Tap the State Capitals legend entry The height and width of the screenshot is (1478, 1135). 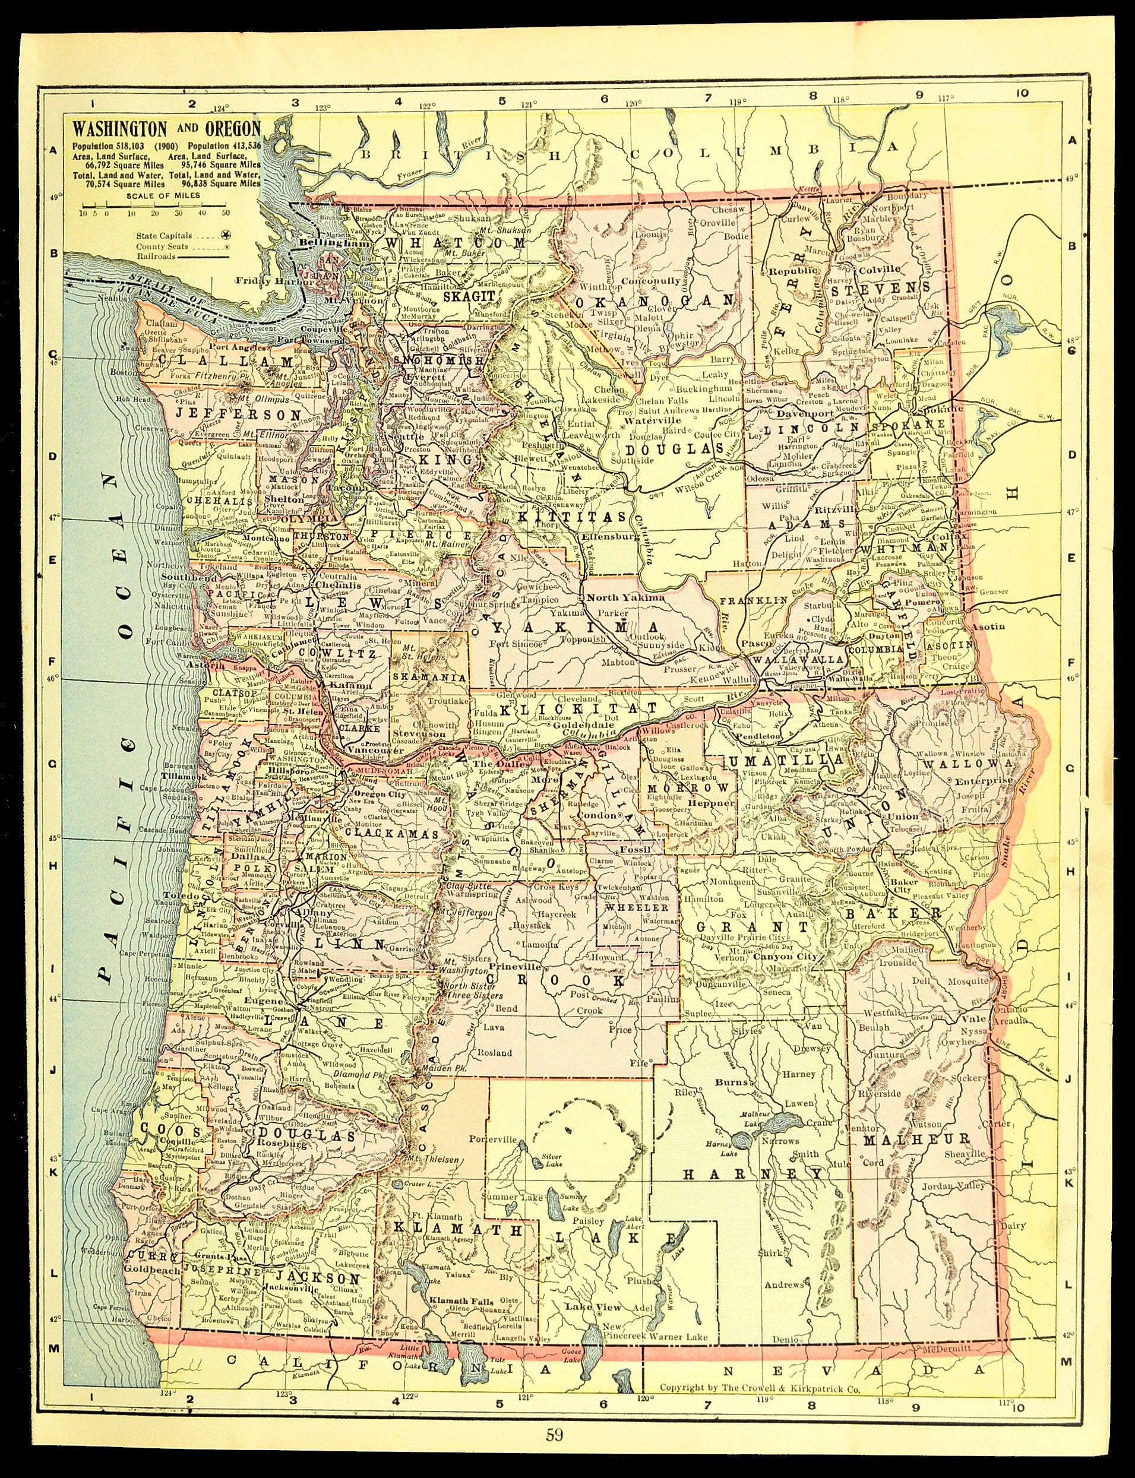(163, 236)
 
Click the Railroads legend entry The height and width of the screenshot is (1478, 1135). (156, 256)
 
